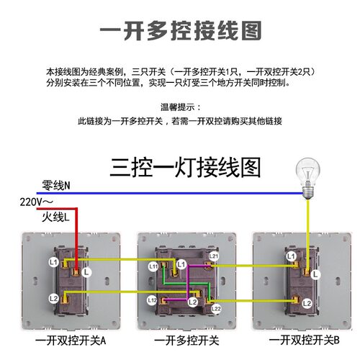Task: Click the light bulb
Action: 307,178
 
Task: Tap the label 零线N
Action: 56,185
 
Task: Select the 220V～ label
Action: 37,202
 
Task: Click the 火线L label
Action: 55,217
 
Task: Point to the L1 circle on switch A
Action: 53,262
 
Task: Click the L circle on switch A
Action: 86,272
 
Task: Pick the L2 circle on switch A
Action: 53,299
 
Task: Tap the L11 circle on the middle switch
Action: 153,266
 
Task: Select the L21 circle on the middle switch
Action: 213,256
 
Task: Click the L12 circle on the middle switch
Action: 152,300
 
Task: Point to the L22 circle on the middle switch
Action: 216,309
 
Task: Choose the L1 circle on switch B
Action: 291,256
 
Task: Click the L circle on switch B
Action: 315,274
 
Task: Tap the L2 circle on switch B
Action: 307,303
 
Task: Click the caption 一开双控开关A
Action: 71,341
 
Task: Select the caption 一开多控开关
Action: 186,341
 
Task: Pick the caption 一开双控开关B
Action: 304,340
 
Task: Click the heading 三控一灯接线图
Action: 185,168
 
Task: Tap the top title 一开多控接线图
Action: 181,30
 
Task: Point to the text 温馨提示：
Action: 181,107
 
